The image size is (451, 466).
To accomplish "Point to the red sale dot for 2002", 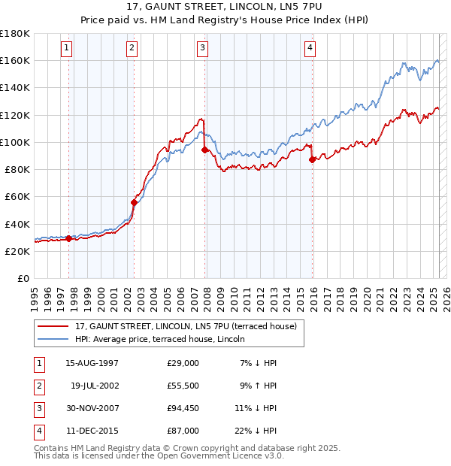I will (x=135, y=202).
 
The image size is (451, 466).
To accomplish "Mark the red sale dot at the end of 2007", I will (x=205, y=150).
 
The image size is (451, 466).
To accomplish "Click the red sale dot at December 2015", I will (x=312, y=159).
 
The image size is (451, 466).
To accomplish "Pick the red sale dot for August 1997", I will (x=69, y=238).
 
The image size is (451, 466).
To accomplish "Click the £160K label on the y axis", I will (x=15, y=60).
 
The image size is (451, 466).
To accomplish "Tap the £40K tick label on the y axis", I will (x=17, y=224).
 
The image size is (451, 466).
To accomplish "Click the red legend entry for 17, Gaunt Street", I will (x=186, y=326).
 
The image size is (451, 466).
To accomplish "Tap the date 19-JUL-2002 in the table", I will (x=94, y=386).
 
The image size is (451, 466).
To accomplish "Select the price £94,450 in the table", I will (x=183, y=409).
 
